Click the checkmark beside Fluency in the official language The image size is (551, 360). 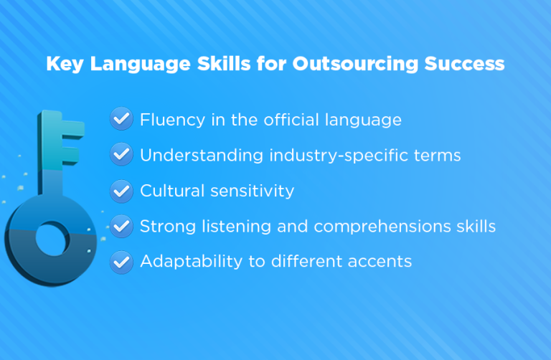[121, 119]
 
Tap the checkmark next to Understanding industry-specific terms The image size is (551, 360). [121, 155]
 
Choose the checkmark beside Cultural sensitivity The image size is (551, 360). [121, 191]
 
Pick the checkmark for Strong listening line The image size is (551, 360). [121, 227]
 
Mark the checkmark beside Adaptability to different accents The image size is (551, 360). [121, 262]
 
